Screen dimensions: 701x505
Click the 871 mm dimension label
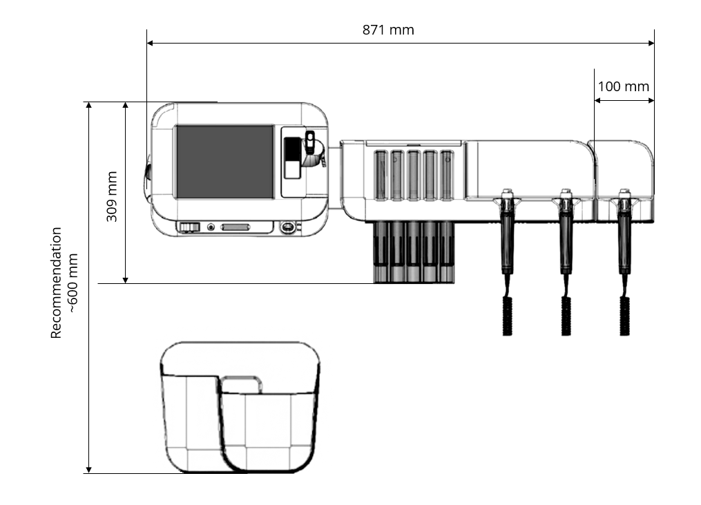point(388,30)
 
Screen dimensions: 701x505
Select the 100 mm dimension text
point(623,86)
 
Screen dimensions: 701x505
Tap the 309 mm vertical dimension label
point(112,196)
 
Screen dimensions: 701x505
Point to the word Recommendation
point(56,283)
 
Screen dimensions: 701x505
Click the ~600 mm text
point(73,283)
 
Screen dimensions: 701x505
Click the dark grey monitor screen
point(225,162)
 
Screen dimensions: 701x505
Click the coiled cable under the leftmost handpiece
point(507,315)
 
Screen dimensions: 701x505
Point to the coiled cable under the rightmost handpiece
point(624,315)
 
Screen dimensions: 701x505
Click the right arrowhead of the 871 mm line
point(651,44)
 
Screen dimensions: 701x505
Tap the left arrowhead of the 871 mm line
point(151,44)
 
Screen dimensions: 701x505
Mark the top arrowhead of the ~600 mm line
point(88,106)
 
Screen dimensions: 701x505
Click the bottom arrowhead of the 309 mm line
point(126,280)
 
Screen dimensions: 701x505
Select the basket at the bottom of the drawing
point(240,407)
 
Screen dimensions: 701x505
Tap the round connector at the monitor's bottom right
point(287,227)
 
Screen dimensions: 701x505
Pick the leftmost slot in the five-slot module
point(381,175)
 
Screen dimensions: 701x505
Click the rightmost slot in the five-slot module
point(447,175)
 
